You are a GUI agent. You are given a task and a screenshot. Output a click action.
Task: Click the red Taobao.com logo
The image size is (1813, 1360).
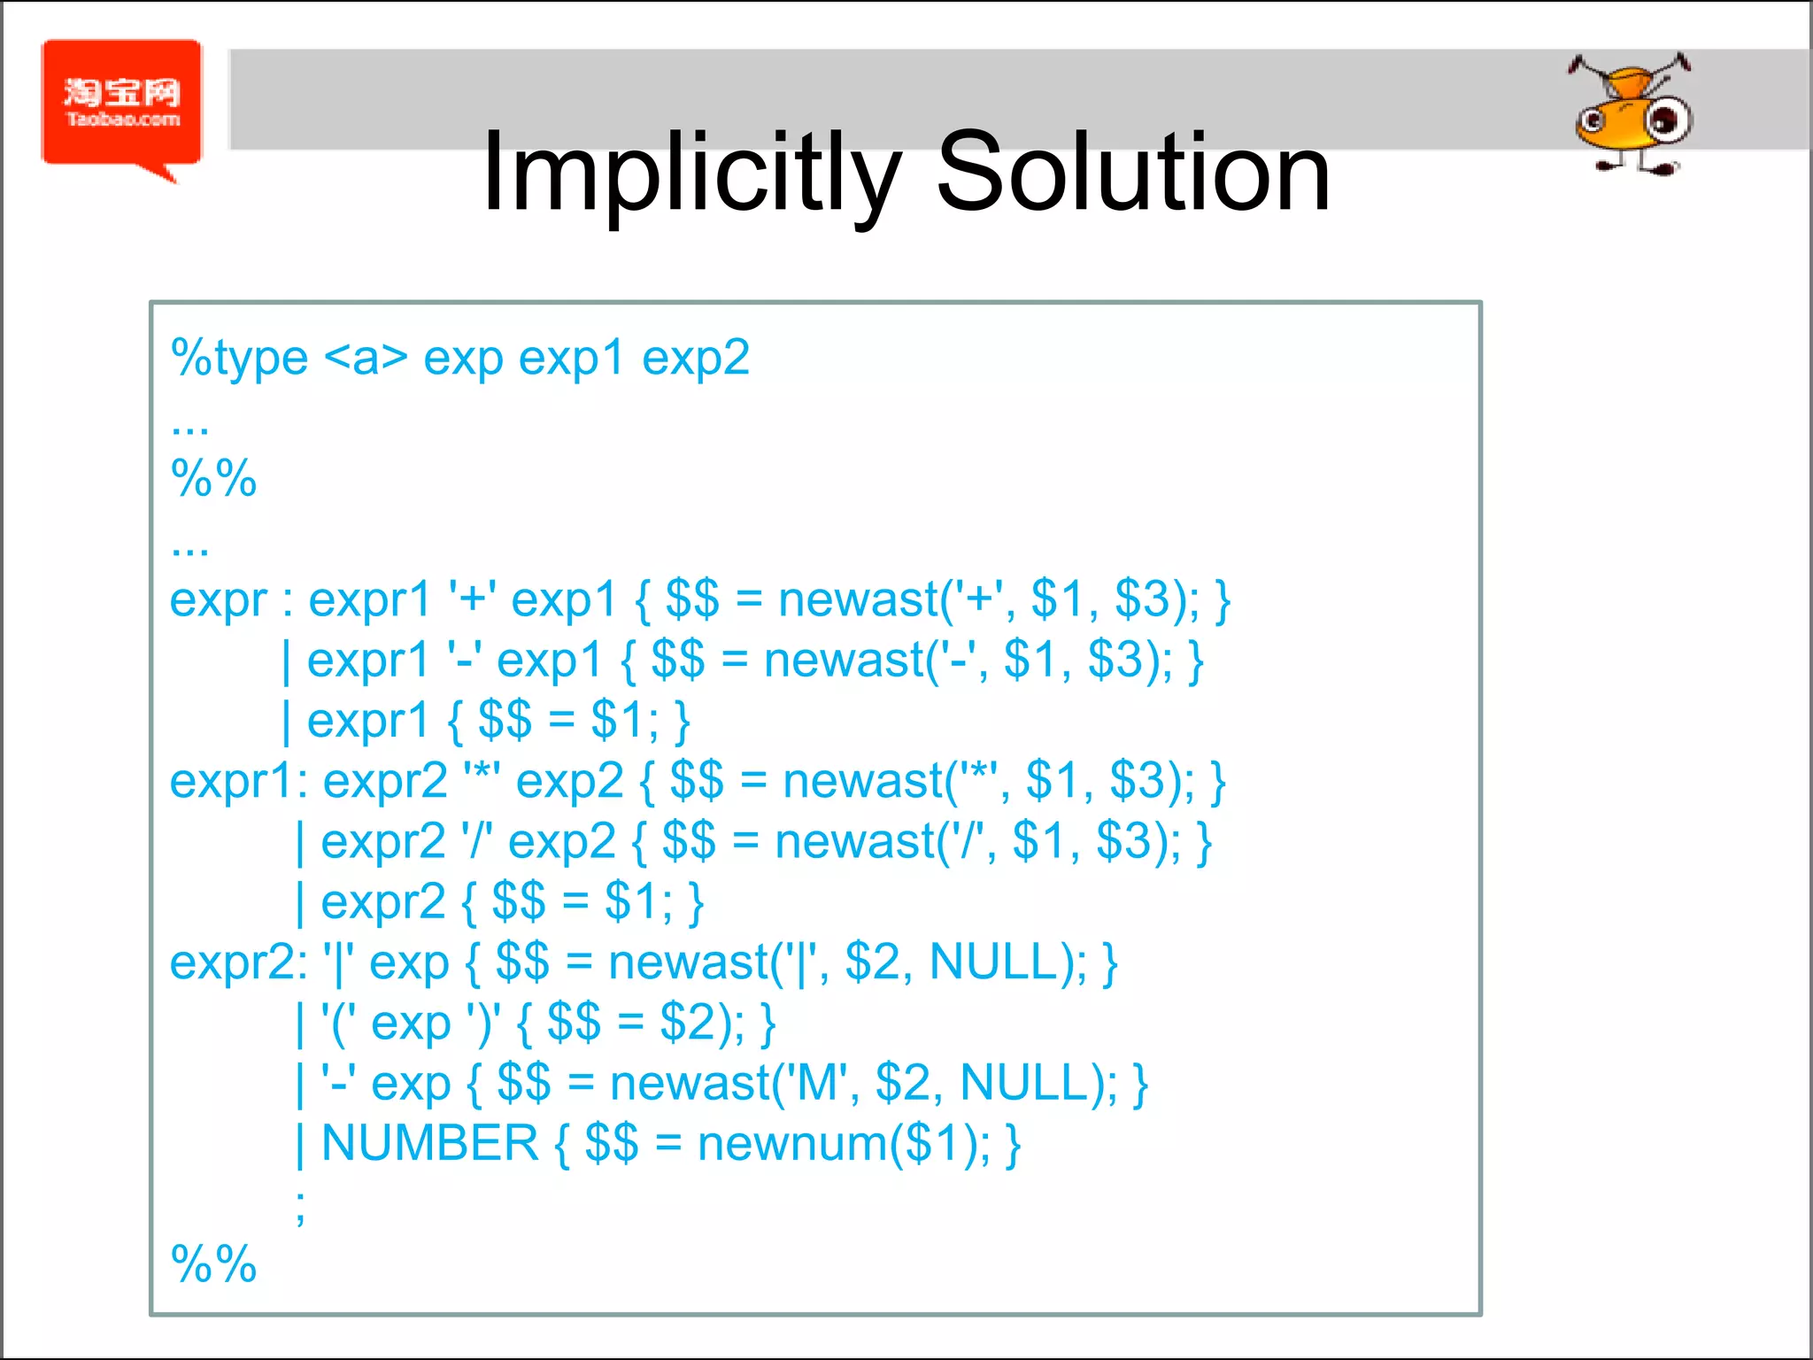pyautogui.click(x=122, y=104)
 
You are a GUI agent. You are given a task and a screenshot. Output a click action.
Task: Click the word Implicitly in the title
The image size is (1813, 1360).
pyautogui.click(x=691, y=173)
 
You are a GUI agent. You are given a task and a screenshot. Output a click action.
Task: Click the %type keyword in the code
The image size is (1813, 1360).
pyautogui.click(x=239, y=359)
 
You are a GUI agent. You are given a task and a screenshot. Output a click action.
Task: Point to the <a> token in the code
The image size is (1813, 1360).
pyautogui.click(x=366, y=359)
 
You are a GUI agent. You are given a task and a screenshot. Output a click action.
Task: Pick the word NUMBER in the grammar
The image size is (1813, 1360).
pyautogui.click(x=429, y=1143)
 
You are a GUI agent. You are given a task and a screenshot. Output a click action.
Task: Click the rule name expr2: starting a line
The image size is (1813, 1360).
pyautogui.click(x=238, y=962)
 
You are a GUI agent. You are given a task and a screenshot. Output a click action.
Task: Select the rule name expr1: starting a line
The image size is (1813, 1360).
pyautogui.click(x=238, y=782)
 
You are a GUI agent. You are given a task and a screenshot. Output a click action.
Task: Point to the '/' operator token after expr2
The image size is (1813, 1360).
pyautogui.click(x=476, y=841)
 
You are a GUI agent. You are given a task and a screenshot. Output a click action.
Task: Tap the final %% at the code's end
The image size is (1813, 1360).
pyautogui.click(x=213, y=1263)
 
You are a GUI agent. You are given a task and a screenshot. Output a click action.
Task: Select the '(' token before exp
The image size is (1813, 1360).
pyautogui.click(x=339, y=1024)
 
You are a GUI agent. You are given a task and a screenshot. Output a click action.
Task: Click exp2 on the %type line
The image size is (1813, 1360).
pyautogui.click(x=696, y=359)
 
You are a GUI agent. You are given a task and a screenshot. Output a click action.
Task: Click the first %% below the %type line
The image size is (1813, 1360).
pyautogui.click(x=213, y=479)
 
